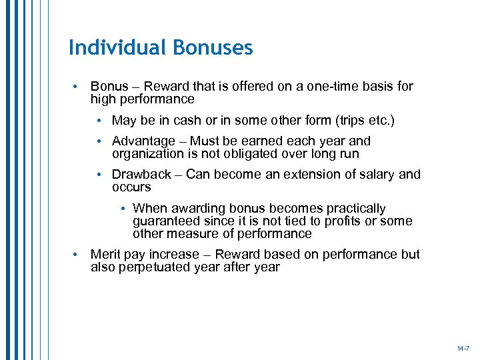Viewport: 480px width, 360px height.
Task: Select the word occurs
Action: point(131,187)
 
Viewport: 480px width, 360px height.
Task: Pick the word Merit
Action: point(105,255)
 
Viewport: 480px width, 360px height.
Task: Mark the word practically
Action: point(356,209)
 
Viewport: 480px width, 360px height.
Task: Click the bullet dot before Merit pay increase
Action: point(78,255)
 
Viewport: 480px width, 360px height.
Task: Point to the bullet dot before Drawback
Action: point(99,175)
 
